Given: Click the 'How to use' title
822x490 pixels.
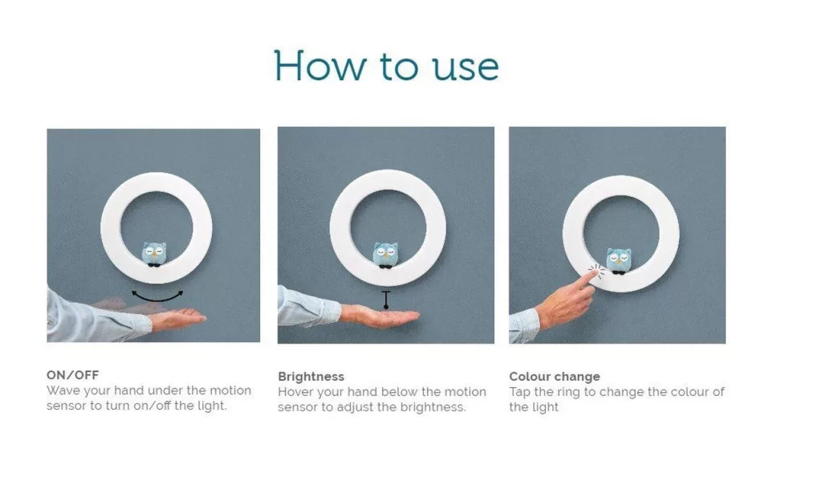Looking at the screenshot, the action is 386,66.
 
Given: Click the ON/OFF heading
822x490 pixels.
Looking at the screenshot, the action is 72,375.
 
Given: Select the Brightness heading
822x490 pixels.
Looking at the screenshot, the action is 311,377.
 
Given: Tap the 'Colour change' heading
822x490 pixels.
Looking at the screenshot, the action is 554,377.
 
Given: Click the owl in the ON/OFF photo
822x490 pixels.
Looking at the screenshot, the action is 154,254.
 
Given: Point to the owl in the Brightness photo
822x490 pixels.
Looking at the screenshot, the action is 385,255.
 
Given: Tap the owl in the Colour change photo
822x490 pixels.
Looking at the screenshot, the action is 619,261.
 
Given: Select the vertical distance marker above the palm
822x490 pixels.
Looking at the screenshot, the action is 386,300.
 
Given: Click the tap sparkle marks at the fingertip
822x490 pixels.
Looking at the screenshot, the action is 596,270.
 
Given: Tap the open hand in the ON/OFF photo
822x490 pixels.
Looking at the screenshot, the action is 178,317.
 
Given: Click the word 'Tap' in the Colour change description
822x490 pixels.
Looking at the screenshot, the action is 519,393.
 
